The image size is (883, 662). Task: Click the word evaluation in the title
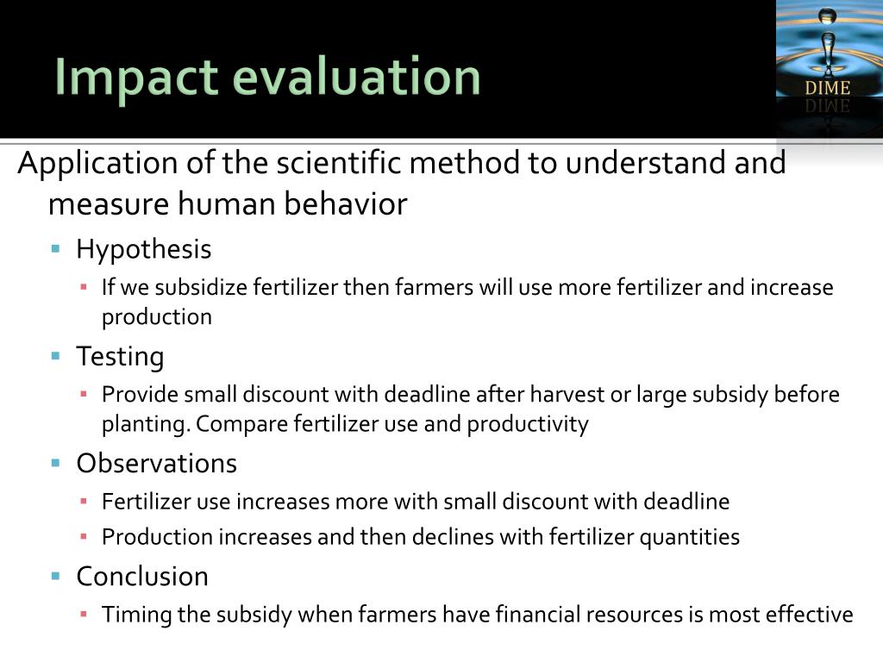tap(356, 78)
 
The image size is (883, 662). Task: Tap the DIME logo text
tap(827, 88)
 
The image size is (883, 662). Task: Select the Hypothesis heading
tap(143, 250)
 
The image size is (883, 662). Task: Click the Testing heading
tap(120, 356)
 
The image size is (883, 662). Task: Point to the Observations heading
tap(156, 463)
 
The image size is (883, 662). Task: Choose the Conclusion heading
tap(142, 576)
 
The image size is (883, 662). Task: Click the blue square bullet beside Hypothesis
tap(56, 249)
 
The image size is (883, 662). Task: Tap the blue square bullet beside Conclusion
tap(56, 575)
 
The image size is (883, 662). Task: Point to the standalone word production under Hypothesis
tap(156, 317)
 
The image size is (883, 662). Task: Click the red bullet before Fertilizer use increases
tap(84, 501)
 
